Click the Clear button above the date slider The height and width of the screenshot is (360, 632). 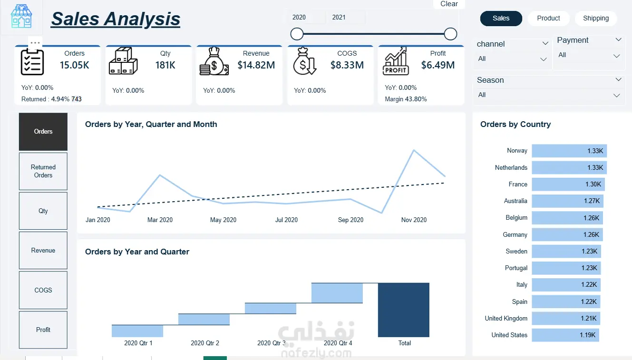[449, 4]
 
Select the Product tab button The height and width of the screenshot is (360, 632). [548, 19]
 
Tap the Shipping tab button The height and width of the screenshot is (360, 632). [595, 19]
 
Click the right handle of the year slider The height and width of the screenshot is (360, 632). [450, 34]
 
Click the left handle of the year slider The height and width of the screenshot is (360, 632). [297, 34]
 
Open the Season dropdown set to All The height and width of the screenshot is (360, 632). [549, 95]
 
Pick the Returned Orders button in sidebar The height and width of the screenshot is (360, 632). [43, 171]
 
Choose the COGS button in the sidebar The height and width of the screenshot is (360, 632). [43, 290]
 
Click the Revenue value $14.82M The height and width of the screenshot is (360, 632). [256, 65]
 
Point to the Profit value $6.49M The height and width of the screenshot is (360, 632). [438, 65]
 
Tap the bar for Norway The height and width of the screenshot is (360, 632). [569, 151]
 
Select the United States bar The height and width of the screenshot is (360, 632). [565, 335]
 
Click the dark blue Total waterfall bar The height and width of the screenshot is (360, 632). [404, 310]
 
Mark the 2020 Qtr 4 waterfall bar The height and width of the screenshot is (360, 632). [337, 293]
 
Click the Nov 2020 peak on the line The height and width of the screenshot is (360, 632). [414, 150]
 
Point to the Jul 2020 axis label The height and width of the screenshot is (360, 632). [286, 220]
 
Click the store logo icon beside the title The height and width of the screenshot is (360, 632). [21, 16]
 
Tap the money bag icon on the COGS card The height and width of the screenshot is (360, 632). [304, 61]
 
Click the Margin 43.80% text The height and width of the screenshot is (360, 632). [406, 99]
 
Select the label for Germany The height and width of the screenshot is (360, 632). [515, 235]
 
